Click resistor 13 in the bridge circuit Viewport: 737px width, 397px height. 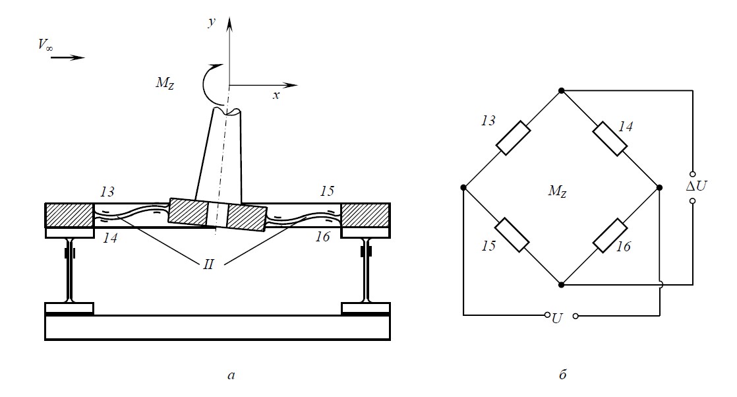pyautogui.click(x=514, y=138)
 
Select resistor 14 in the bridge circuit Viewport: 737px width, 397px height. pyautogui.click(x=610, y=138)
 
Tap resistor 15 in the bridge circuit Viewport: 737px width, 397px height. pyautogui.click(x=512, y=235)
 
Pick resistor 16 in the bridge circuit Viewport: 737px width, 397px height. pyautogui.click(x=610, y=235)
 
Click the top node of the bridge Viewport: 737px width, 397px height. pyautogui.click(x=561, y=90)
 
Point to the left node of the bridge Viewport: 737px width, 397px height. pyautogui.click(x=463, y=188)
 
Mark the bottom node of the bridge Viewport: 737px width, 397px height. pyautogui.click(x=561, y=285)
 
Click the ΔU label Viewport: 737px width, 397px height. pyautogui.click(x=695, y=186)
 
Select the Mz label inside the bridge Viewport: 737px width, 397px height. pyautogui.click(x=558, y=191)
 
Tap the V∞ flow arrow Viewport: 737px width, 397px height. pyautogui.click(x=68, y=58)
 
